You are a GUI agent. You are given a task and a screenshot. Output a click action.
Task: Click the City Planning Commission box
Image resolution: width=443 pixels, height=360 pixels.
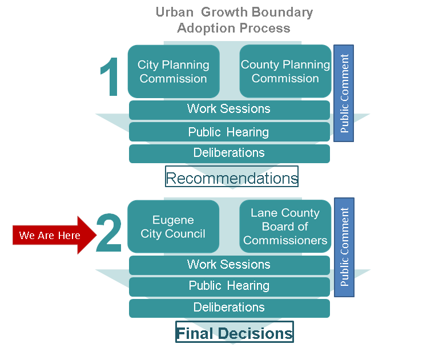coord(174,71)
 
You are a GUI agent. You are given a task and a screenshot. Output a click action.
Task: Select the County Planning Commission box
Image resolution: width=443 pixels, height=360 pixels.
coord(285,71)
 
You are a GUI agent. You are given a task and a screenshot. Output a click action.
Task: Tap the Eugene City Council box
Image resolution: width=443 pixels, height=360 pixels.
coord(174,226)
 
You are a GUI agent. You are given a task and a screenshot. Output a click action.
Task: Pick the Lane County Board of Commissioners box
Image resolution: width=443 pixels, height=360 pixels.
coord(285,226)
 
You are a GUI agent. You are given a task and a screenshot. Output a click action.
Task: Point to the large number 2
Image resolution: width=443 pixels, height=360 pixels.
coord(109,234)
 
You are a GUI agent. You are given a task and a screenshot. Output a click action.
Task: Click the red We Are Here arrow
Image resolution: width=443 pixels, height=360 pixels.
coord(51,235)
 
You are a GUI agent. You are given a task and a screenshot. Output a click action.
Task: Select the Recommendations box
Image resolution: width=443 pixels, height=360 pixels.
coord(232,177)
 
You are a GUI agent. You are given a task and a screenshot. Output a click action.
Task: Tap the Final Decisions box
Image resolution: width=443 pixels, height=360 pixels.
coord(234,333)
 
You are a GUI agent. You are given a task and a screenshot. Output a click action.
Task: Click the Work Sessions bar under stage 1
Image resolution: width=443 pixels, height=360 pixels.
coord(229,110)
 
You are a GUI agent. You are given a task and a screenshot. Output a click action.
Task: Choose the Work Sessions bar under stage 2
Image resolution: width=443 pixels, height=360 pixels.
coord(229,265)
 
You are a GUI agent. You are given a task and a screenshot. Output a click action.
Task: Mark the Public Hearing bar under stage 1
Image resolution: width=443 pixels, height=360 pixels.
coord(229,132)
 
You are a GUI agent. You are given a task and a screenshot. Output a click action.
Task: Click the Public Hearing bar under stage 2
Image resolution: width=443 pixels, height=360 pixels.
coord(229,286)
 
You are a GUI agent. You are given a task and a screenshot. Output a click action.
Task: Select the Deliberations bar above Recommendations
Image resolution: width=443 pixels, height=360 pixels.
coord(229,153)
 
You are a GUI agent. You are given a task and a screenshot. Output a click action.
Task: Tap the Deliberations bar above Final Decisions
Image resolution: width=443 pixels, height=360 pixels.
coord(229,308)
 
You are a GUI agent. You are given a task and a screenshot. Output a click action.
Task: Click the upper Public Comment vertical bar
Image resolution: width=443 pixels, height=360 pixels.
coord(344,93)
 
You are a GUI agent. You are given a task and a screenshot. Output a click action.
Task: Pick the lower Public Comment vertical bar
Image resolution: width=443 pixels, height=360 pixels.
coord(344,247)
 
